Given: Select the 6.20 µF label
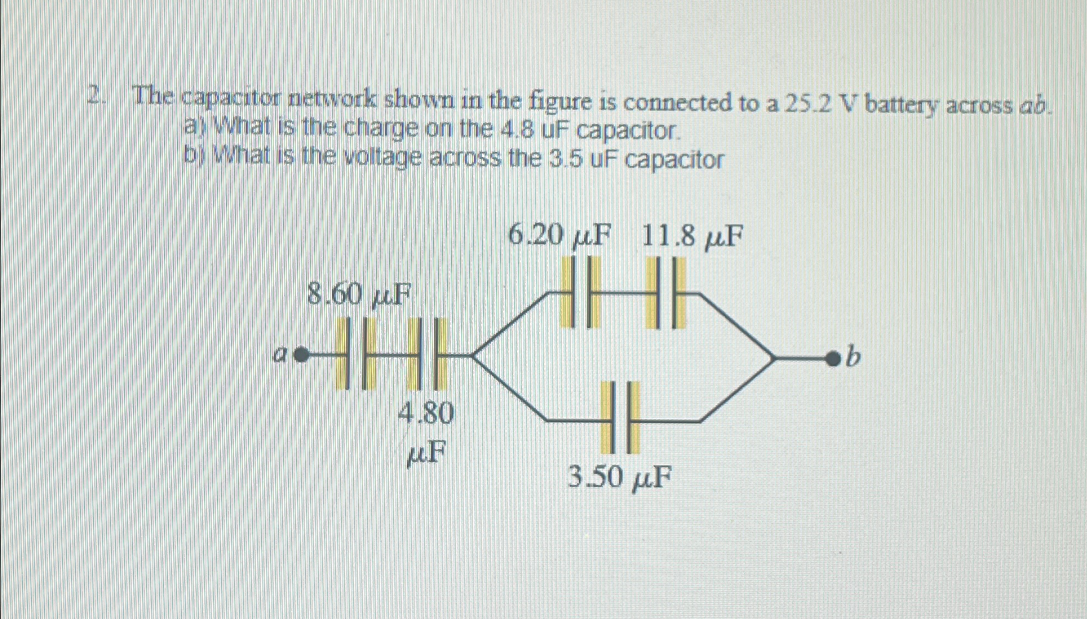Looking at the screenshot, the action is pos(559,236).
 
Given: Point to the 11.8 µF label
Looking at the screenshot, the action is pos(692,236).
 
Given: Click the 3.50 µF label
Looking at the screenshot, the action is pos(618,478).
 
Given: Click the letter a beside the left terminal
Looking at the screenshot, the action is pos(280,355).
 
